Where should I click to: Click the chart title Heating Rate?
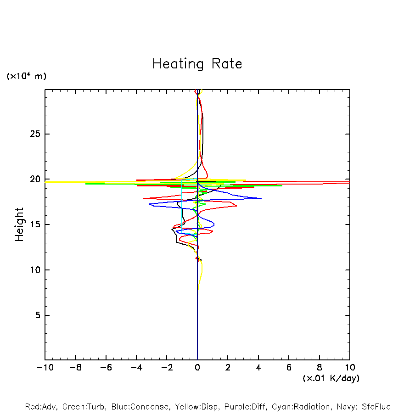click(197, 64)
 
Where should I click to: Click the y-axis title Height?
click(19, 224)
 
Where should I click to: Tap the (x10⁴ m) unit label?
click(26, 76)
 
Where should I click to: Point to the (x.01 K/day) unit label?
click(331, 378)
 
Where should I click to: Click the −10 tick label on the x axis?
click(45, 368)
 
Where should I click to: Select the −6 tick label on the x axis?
click(106, 368)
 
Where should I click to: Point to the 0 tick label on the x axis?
click(197, 368)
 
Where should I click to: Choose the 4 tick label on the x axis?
click(258, 368)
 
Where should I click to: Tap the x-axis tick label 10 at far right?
click(350, 368)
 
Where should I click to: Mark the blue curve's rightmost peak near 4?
click(261, 198)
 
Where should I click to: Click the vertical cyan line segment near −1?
click(182, 207)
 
